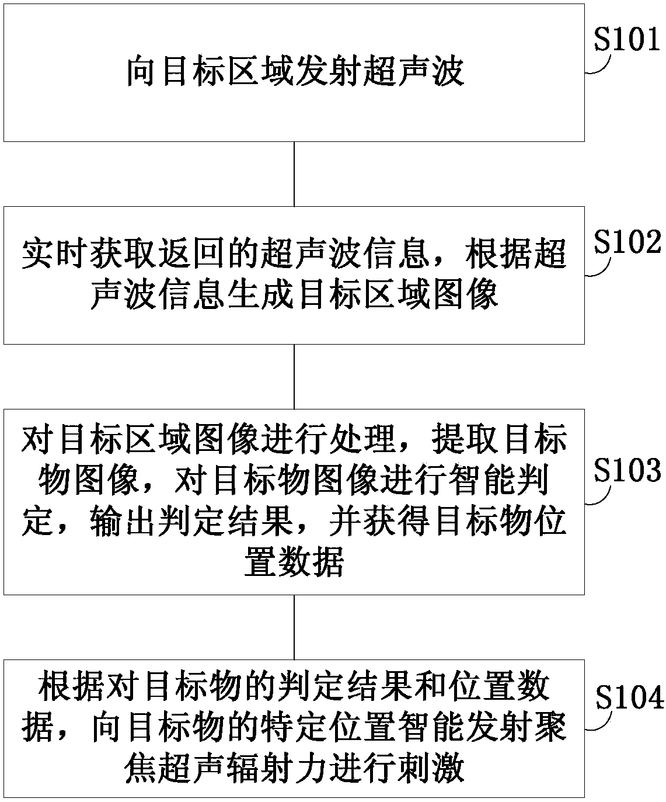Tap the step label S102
(627, 242)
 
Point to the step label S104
(629, 697)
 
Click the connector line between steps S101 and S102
(294, 173)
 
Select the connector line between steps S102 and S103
(294, 376)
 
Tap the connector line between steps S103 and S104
(294, 627)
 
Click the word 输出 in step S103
(124, 520)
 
